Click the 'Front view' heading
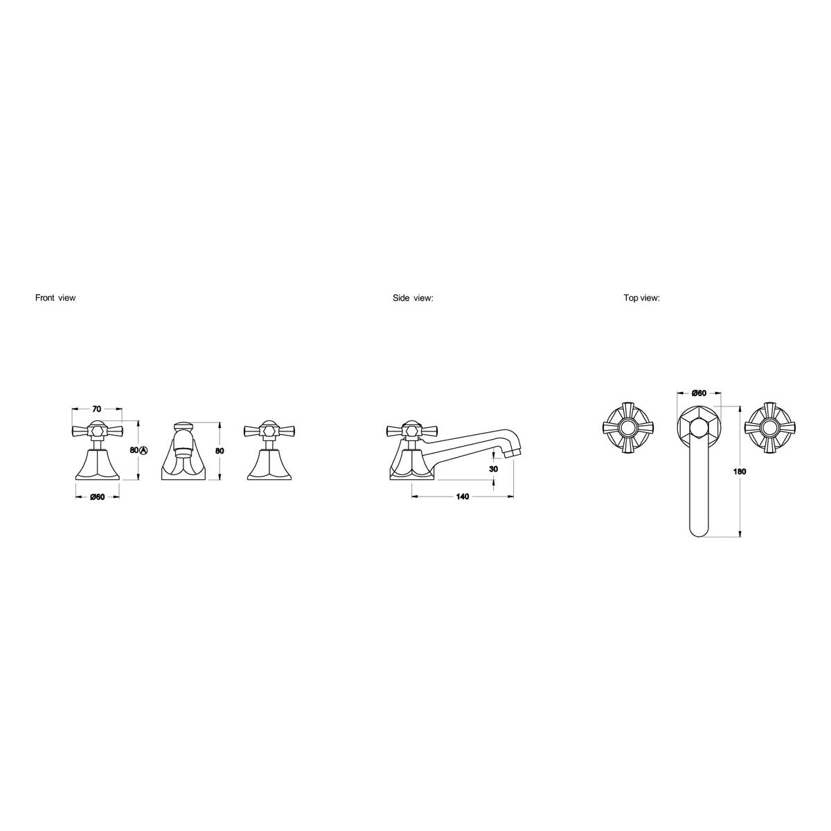click(x=55, y=298)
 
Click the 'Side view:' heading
click(x=413, y=298)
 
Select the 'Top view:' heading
click(x=641, y=298)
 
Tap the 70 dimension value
click(x=96, y=409)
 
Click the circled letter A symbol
click(x=145, y=450)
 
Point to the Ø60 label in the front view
click(x=97, y=497)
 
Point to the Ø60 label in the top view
click(x=699, y=393)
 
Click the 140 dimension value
click(x=463, y=497)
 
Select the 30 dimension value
click(x=494, y=469)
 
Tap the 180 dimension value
click(x=739, y=472)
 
